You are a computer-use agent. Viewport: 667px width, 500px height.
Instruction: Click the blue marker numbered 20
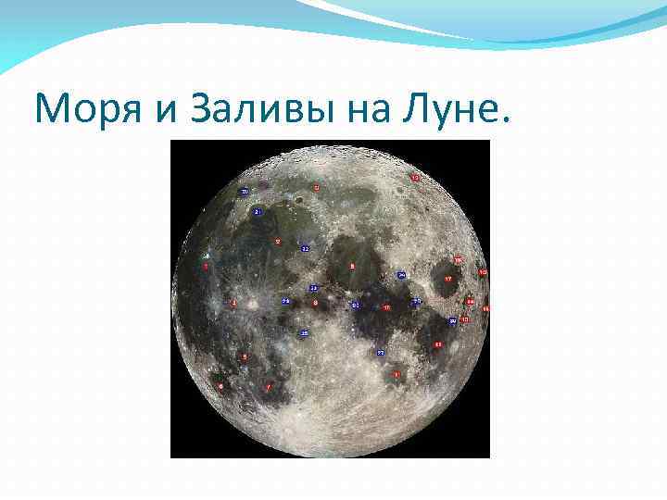click(245, 192)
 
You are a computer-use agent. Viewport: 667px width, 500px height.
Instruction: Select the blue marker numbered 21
click(258, 212)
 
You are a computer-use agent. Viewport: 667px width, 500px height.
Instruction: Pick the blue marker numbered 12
click(305, 249)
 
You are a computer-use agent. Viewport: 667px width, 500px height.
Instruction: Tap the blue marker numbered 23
click(314, 289)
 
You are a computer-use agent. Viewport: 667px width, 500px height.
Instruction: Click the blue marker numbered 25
click(304, 331)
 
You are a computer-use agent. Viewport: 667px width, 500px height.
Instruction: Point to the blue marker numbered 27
click(381, 353)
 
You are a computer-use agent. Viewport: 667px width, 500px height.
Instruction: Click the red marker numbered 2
click(277, 242)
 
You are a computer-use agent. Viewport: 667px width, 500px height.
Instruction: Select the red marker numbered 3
click(206, 266)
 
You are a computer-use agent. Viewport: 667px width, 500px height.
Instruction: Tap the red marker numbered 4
click(233, 303)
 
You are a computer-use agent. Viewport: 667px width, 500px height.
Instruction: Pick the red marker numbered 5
click(245, 356)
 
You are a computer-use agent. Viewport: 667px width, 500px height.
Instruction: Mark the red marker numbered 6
click(220, 384)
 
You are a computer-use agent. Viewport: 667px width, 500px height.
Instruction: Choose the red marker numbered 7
click(268, 387)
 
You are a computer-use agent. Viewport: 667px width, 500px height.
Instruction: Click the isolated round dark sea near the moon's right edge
click(447, 280)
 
